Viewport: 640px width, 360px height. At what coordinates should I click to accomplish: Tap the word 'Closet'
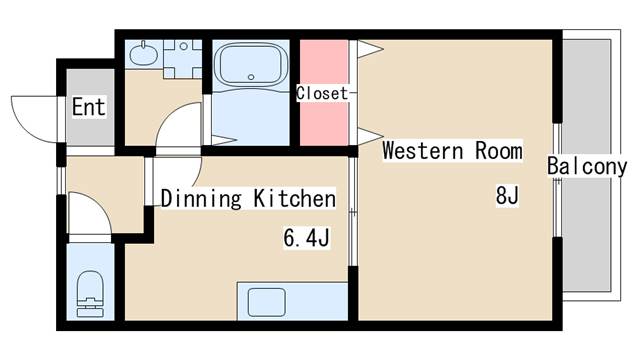tap(321, 93)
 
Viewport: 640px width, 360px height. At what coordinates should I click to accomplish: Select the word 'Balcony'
tap(586, 167)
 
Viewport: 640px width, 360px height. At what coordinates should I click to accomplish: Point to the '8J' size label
tap(507, 196)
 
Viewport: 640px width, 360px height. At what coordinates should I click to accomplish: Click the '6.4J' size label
tap(307, 239)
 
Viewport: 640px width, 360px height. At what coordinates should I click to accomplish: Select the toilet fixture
tap(91, 290)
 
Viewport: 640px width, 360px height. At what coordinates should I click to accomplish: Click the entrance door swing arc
tap(35, 113)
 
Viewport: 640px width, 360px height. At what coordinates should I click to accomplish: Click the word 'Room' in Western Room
tap(497, 152)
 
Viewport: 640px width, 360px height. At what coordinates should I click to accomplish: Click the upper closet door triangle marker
tap(369, 47)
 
